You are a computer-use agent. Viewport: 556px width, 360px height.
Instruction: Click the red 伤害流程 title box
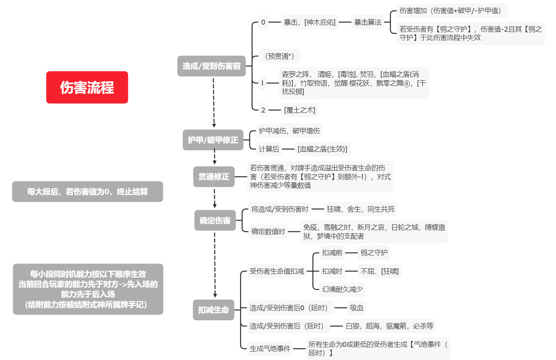[87, 87]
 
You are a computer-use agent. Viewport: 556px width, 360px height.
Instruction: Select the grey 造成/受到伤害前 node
[211, 66]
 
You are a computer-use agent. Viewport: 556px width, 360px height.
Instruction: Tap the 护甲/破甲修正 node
[213, 140]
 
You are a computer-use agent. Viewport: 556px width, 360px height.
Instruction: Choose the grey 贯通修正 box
[214, 177]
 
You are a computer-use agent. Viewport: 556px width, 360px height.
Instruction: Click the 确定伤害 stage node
[215, 220]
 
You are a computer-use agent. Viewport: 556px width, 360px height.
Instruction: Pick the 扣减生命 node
[213, 310]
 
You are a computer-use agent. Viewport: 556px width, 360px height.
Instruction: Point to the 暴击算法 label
[367, 22]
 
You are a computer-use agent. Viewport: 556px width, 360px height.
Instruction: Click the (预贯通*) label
[279, 56]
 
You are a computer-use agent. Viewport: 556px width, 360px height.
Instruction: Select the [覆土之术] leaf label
[300, 110]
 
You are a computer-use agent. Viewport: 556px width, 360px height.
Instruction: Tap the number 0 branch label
[263, 22]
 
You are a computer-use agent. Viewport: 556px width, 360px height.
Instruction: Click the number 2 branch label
[263, 110]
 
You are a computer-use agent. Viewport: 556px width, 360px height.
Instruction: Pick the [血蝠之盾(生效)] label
[322, 149]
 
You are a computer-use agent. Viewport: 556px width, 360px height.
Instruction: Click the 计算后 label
[269, 149]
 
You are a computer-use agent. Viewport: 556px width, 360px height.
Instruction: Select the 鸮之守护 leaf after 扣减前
[374, 253]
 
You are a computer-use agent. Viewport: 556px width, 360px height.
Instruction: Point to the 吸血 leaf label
[357, 308]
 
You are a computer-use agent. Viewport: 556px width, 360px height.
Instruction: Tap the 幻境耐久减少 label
[342, 289]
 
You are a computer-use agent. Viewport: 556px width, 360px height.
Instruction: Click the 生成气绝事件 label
[270, 349]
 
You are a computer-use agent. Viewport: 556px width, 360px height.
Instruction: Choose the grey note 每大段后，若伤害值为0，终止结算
[88, 192]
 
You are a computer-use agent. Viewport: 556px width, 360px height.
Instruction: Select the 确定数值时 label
[268, 232]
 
